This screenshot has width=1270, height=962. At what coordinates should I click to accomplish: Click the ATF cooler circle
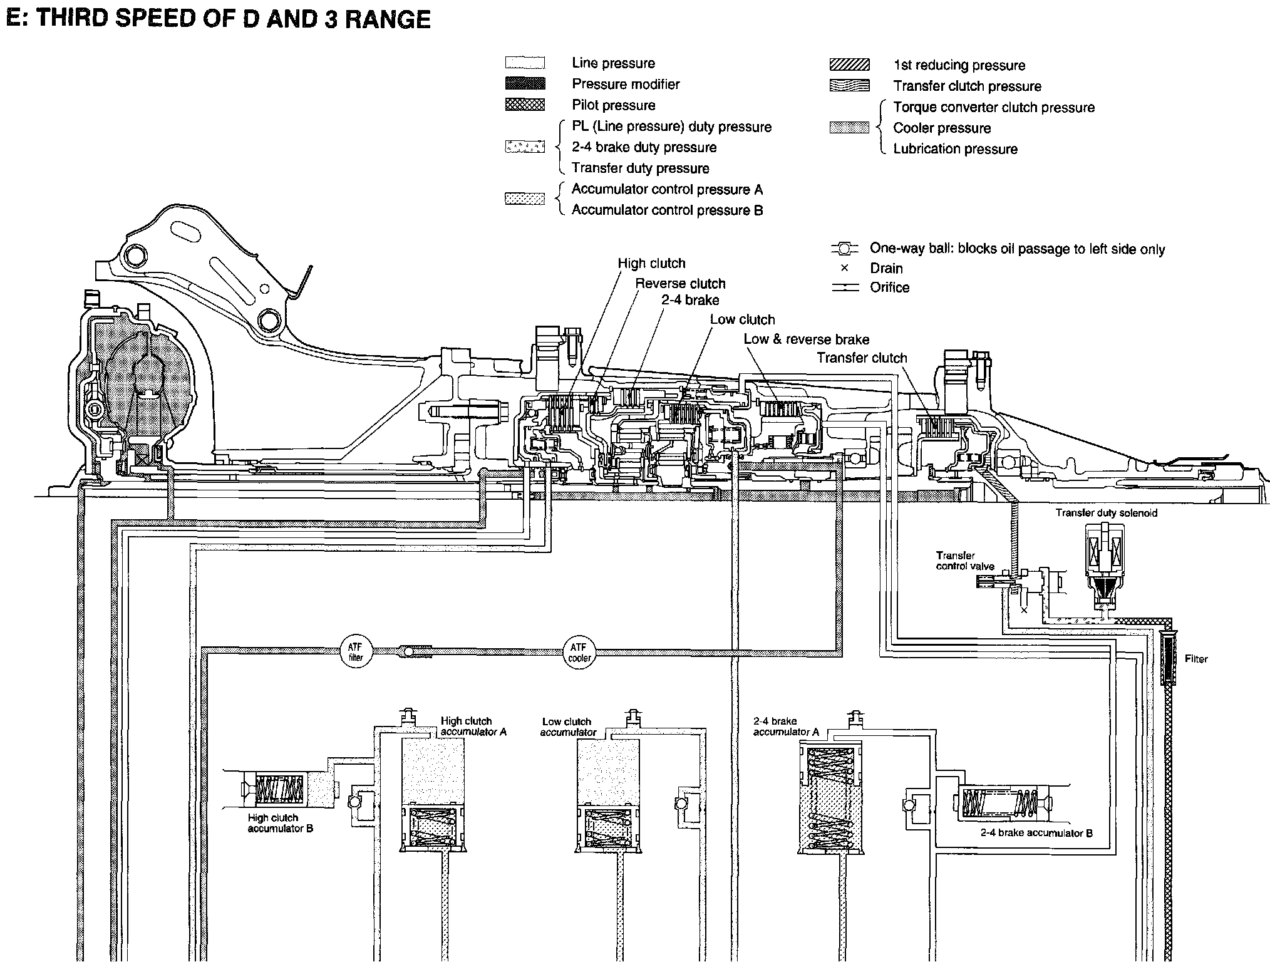pyautogui.click(x=579, y=653)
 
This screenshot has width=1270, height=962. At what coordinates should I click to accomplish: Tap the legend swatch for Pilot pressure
pyautogui.click(x=525, y=105)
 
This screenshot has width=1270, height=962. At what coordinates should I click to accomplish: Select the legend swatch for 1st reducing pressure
pyautogui.click(x=849, y=65)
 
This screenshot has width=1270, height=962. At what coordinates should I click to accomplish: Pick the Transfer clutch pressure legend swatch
pyautogui.click(x=849, y=86)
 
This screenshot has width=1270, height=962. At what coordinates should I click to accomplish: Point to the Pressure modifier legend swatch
pyautogui.click(x=525, y=84)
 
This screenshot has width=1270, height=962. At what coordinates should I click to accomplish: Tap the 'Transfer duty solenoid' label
pyautogui.click(x=1106, y=513)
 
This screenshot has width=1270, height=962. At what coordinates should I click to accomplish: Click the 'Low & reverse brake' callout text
pyautogui.click(x=806, y=339)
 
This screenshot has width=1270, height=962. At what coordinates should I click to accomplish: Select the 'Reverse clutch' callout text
pyautogui.click(x=680, y=283)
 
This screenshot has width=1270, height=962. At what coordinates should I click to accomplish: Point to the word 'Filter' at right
pyautogui.click(x=1195, y=659)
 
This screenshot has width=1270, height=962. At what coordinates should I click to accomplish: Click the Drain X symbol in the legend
pyautogui.click(x=844, y=268)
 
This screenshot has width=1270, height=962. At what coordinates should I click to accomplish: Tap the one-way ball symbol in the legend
pyautogui.click(x=844, y=249)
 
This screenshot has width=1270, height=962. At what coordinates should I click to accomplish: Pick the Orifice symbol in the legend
pyautogui.click(x=844, y=287)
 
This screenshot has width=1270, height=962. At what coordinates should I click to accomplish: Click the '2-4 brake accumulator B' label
pyautogui.click(x=1036, y=833)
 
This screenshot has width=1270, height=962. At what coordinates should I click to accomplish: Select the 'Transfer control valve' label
pyautogui.click(x=964, y=561)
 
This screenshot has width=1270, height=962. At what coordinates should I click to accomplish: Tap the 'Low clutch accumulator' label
pyautogui.click(x=567, y=727)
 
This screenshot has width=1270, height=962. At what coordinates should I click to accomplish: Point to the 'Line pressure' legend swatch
pyautogui.click(x=525, y=63)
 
